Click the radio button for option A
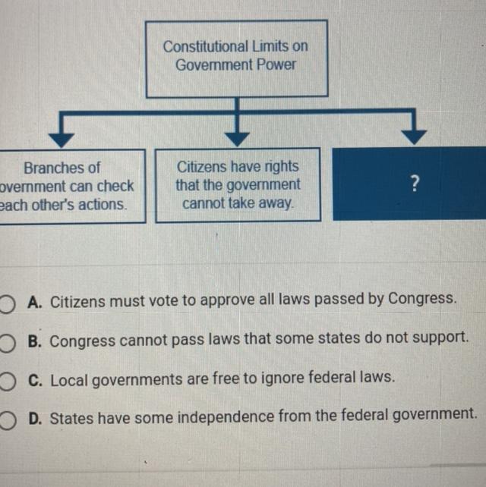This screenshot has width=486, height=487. pos(8,301)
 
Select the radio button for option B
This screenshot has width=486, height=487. pos(8,339)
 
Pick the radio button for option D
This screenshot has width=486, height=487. pos(8,416)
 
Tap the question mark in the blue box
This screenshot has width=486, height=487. pos(414,184)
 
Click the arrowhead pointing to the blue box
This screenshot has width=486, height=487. pos(413,136)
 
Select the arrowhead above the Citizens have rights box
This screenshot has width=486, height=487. pos(238,137)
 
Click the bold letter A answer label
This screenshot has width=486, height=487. pos(33,301)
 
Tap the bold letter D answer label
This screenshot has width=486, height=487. pos(33,416)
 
